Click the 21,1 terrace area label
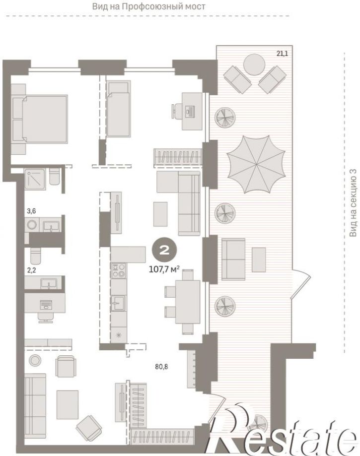(282, 54)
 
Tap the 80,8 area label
(161, 367)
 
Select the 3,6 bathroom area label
(31, 211)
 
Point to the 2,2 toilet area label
(31, 270)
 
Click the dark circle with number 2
(164, 250)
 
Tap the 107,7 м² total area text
(164, 269)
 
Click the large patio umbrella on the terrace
(256, 164)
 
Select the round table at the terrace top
(254, 65)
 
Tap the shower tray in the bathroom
(35, 179)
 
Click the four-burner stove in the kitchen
(119, 270)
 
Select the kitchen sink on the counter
(118, 303)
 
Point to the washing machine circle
(31, 224)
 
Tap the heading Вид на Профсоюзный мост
(148, 6)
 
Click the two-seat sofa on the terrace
(233, 260)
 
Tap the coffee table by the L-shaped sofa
(160, 214)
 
